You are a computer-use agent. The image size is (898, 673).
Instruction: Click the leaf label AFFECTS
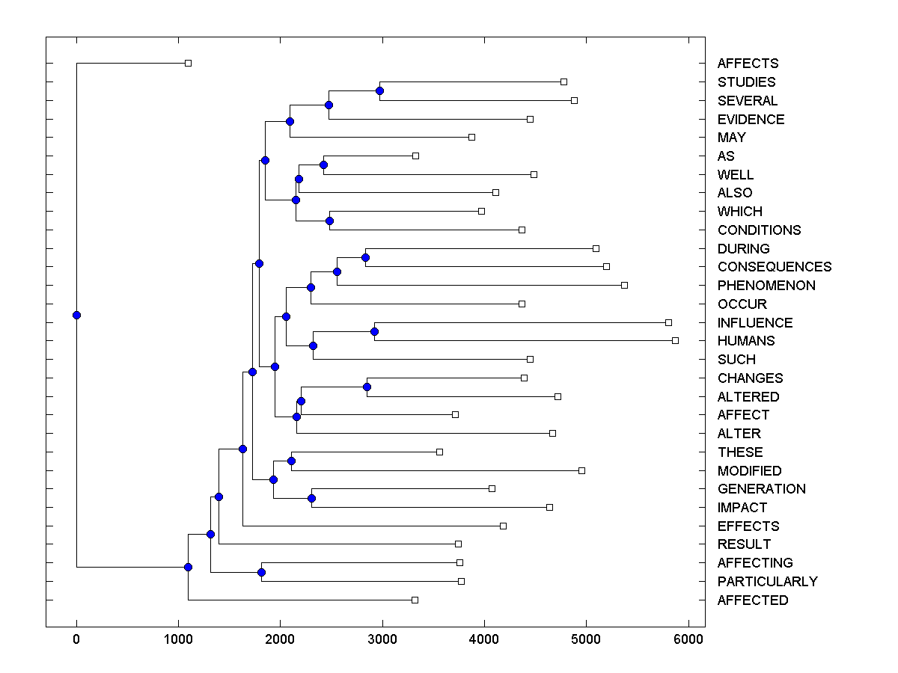click(748, 64)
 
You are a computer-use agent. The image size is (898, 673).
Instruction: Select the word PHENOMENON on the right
click(766, 286)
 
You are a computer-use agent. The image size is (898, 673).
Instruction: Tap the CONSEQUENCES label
click(774, 267)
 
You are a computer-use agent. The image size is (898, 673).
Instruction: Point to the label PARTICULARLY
click(767, 582)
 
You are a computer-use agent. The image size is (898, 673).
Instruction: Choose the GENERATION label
click(761, 489)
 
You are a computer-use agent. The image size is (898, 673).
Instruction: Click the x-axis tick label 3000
click(382, 639)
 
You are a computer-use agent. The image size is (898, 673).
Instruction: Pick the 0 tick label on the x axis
click(76, 639)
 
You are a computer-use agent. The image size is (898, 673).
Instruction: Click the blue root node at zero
click(76, 315)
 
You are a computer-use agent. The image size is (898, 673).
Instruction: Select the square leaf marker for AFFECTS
click(189, 63)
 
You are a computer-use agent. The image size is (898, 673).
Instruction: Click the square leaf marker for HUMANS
click(675, 340)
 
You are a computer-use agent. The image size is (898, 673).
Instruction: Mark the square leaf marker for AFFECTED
click(415, 600)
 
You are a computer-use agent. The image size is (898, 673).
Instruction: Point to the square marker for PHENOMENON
click(625, 285)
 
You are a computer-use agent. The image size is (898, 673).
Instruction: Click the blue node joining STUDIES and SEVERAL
click(379, 90)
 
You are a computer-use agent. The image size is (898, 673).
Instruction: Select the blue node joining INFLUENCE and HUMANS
click(375, 331)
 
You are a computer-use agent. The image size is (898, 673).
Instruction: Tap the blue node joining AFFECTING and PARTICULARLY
click(261, 572)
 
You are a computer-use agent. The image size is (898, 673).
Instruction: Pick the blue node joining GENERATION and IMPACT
click(312, 498)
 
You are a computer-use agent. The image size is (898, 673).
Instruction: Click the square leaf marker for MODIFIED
click(581, 470)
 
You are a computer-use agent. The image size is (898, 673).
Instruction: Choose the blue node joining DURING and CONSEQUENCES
click(365, 257)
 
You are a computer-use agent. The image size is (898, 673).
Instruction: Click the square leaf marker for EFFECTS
click(503, 526)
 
